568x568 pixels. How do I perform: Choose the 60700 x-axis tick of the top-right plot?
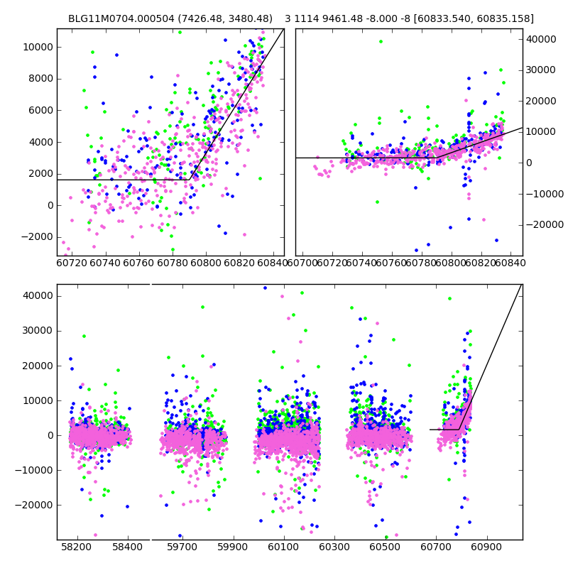click(303, 263)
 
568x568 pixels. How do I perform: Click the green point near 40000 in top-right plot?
click(381, 42)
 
